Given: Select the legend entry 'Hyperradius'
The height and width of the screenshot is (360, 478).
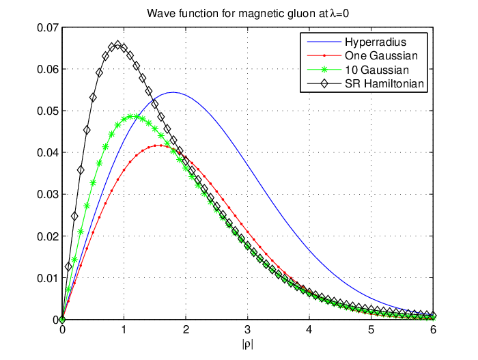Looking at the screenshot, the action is tap(376, 42).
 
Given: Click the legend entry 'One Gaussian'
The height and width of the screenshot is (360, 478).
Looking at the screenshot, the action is tap(381, 55).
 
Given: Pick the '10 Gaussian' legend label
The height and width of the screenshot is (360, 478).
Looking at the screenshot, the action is tap(377, 70).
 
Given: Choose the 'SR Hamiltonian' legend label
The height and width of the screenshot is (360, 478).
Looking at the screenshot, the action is tap(384, 83).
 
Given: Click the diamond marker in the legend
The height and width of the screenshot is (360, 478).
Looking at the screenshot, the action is tap(324, 83).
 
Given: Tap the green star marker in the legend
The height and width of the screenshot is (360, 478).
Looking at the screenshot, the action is tap(324, 70).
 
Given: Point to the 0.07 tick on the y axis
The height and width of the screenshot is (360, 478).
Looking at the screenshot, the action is tap(48, 28).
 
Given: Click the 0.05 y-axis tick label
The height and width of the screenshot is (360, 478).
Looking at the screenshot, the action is tap(48, 111).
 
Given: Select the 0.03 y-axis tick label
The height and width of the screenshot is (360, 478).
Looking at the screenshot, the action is tap(48, 194).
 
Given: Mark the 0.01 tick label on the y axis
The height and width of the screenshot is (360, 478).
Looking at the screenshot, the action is tap(48, 278).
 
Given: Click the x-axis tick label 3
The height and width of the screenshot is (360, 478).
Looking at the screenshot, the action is tap(247, 330).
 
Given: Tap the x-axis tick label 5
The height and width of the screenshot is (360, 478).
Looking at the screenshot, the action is tap(371, 330).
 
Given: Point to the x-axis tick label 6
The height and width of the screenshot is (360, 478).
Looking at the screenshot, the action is tap(433, 330).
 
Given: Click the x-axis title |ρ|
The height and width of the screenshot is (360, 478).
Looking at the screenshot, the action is tap(247, 344).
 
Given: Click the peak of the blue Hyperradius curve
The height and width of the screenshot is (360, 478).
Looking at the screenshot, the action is tap(173, 92).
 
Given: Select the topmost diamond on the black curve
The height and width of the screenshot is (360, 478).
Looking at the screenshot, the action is tap(117, 45).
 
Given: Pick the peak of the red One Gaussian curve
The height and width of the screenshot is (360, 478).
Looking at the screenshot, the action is tap(160, 146).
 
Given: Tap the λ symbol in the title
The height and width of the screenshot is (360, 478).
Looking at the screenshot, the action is tap(332, 14).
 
